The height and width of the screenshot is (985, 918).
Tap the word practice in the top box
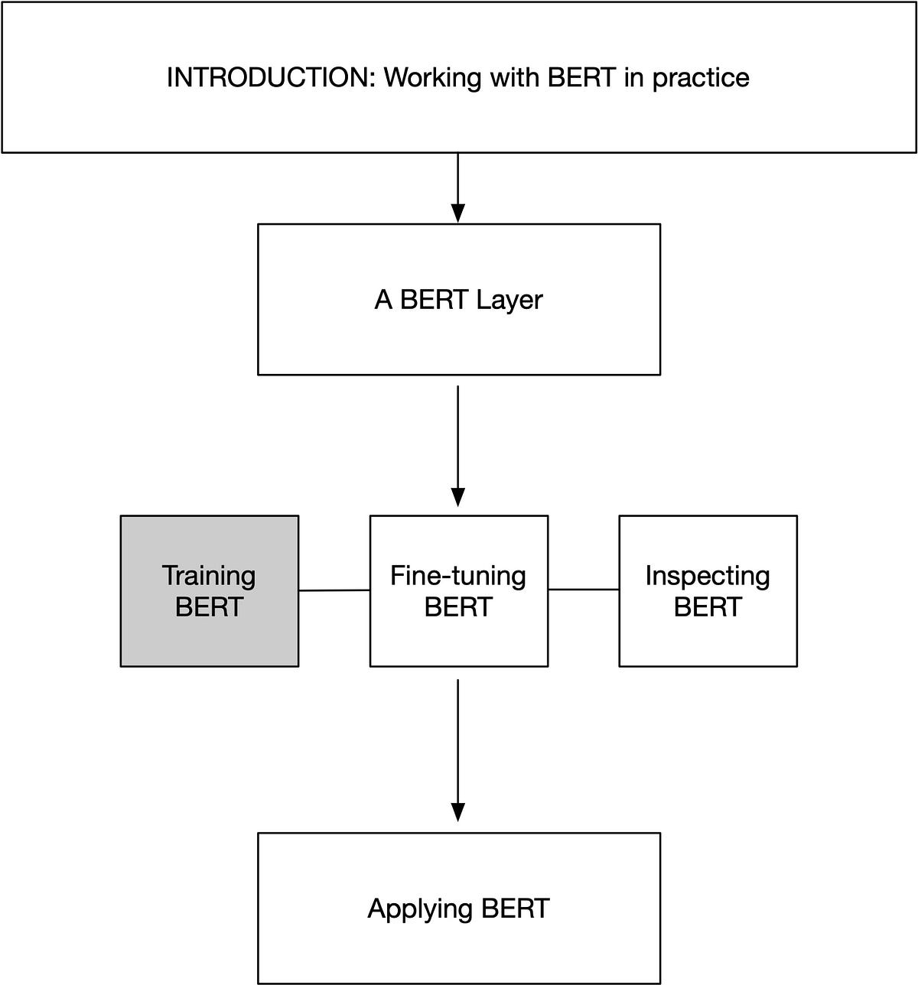tap(700, 79)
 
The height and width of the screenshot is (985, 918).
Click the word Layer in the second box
tap(509, 300)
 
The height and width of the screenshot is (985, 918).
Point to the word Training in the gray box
tap(209, 576)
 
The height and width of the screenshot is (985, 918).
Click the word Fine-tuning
tap(458, 576)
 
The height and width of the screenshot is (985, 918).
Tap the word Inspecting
tap(708, 576)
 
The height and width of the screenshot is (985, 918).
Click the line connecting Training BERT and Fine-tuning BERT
tap(334, 590)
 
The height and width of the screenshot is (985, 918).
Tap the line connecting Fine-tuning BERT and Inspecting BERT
tap(583, 590)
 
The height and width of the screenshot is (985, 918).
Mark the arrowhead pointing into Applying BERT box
tap(457, 812)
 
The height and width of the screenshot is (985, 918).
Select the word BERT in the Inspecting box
tap(708, 607)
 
